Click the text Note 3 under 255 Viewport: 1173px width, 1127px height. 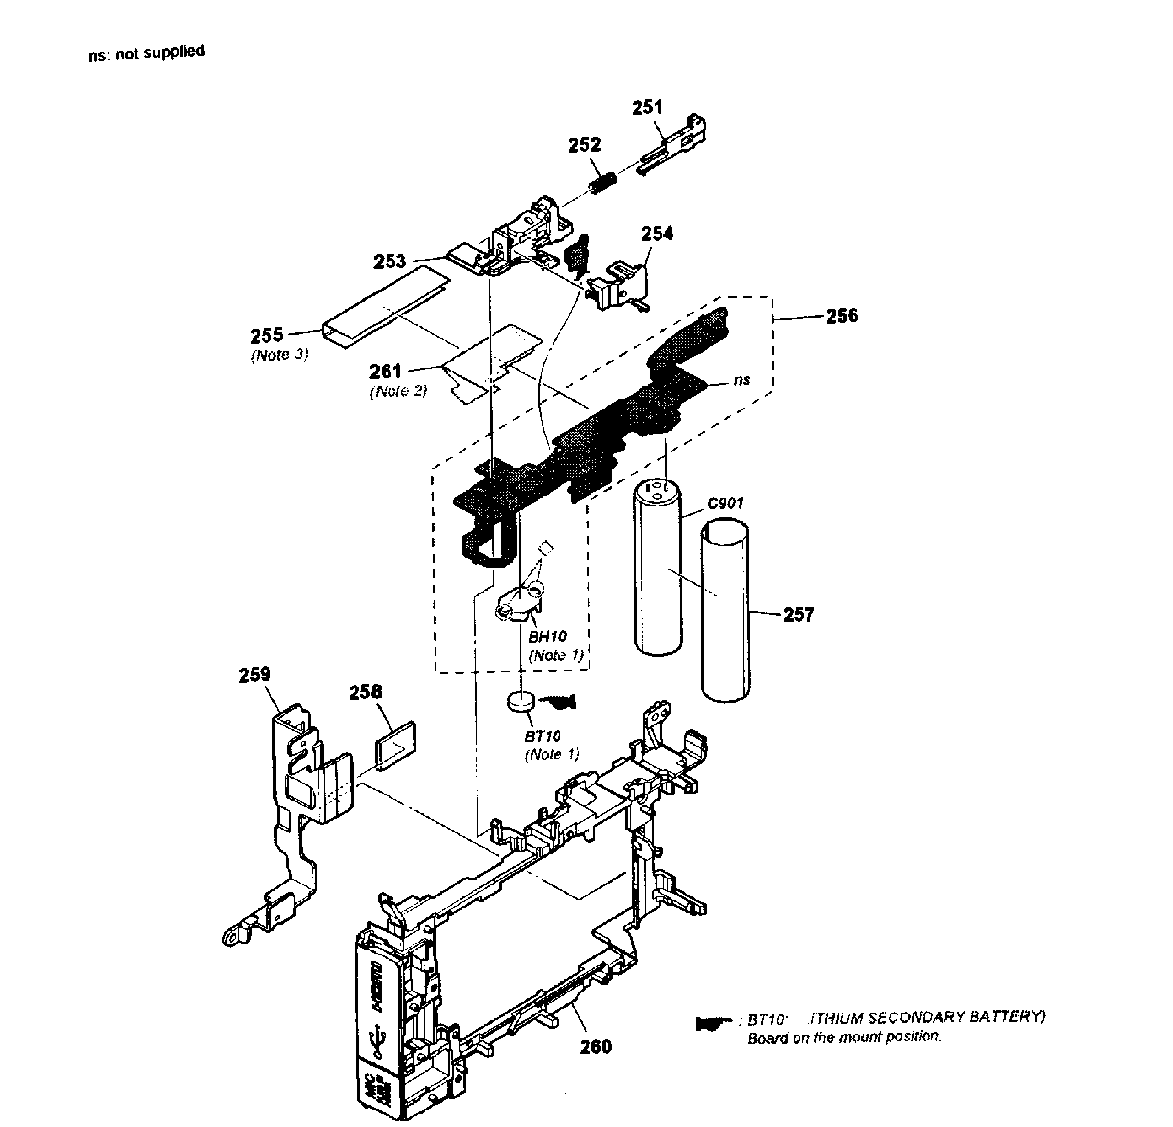coord(279,355)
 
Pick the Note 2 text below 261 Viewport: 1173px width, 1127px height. coord(399,391)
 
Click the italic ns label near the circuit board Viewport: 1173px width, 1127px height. coord(742,380)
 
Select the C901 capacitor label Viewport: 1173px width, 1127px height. coord(725,503)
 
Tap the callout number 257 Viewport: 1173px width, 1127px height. coord(798,614)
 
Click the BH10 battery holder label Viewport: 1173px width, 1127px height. coord(547,636)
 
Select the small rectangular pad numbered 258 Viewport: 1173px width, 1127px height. coord(395,745)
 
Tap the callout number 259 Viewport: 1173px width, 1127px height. coord(254,675)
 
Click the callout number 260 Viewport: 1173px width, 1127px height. coord(595,1047)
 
